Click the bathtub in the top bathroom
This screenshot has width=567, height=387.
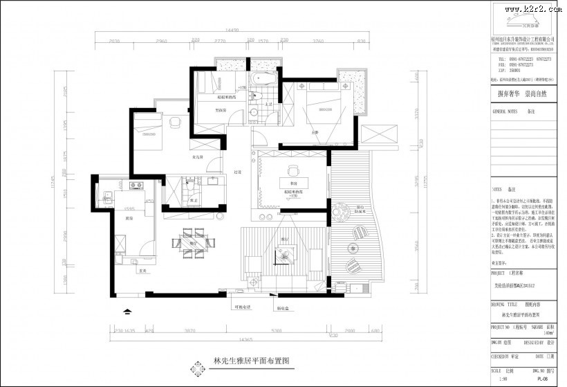click(x=262, y=78)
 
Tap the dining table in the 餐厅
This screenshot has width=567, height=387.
click(x=185, y=244)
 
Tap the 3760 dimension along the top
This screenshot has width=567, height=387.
click(x=319, y=42)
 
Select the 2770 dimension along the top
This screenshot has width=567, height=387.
click(x=220, y=42)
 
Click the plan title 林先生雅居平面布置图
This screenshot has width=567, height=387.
click(x=248, y=362)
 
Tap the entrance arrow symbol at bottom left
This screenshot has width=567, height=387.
click(x=126, y=312)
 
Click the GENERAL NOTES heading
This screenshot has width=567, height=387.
click(x=505, y=111)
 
